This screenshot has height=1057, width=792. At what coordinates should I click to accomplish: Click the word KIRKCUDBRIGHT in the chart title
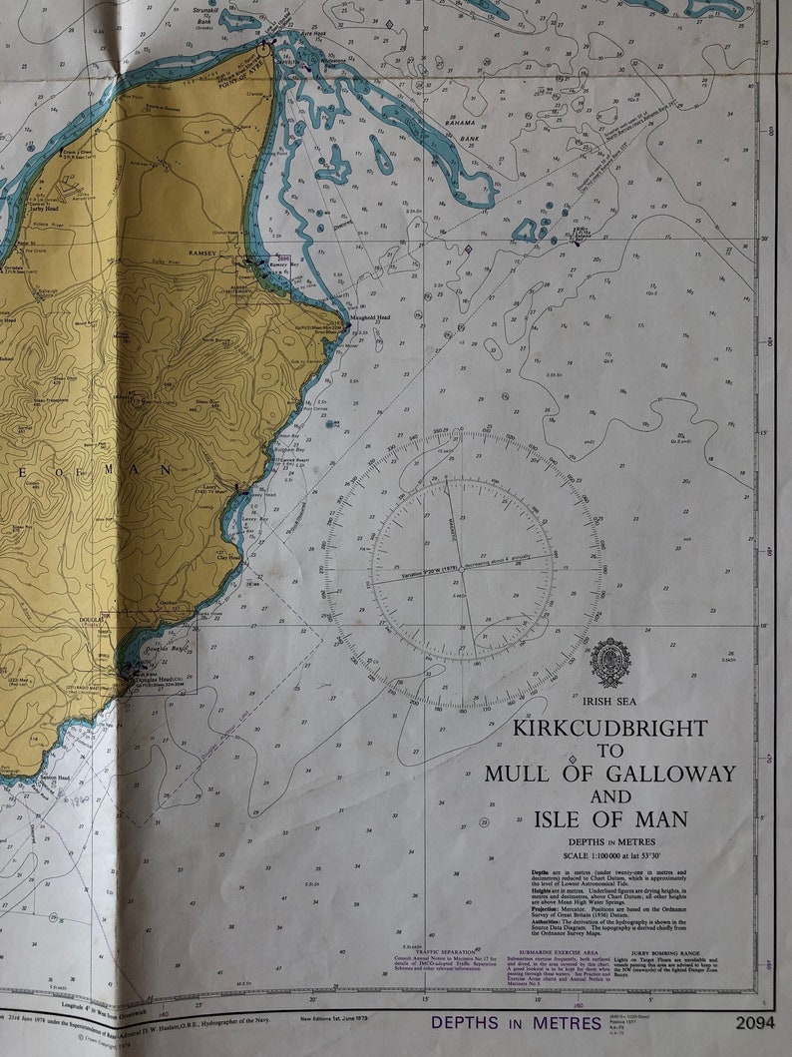pyautogui.click(x=609, y=728)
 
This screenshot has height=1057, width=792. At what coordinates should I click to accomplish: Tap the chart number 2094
pyautogui.click(x=755, y=1021)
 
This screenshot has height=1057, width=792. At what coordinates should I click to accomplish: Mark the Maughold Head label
pyautogui.click(x=369, y=317)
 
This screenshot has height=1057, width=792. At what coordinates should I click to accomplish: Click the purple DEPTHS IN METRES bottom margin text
pyautogui.click(x=516, y=1022)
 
